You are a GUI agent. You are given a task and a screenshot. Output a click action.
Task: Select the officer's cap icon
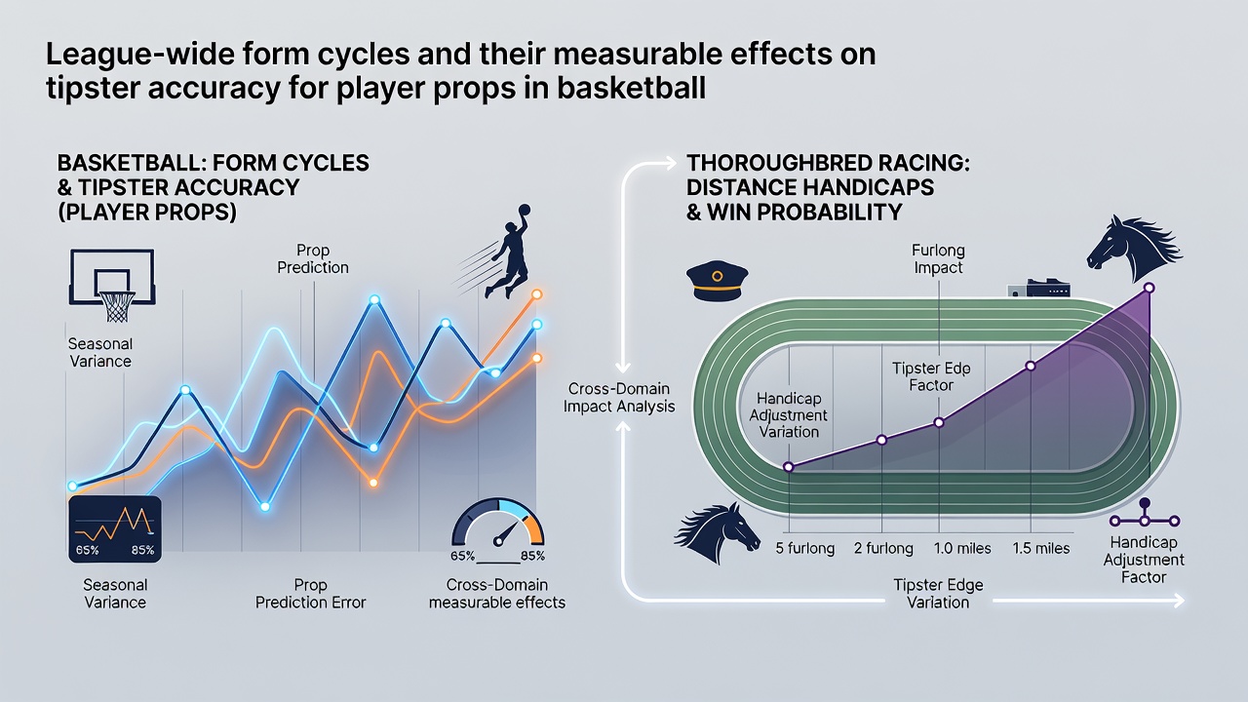[x=717, y=282]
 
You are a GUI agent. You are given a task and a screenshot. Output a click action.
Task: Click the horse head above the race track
[x=1133, y=249]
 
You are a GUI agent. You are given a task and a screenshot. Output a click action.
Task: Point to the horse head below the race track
[x=717, y=533]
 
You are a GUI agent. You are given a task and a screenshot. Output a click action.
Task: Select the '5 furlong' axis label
[x=805, y=549]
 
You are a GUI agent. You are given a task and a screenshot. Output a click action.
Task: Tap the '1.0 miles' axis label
[x=962, y=549]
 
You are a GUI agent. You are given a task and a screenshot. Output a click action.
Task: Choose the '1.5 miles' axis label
[x=1040, y=549]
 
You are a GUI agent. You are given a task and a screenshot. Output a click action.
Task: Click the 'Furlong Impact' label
[x=938, y=258]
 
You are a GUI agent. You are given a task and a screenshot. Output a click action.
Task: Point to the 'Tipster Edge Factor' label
[x=931, y=376]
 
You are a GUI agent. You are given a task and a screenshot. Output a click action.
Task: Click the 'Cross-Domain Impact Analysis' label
[x=619, y=397]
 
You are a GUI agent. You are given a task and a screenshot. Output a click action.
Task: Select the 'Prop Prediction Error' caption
[x=310, y=594]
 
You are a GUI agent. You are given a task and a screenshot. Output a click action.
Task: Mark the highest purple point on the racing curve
[x=1149, y=288]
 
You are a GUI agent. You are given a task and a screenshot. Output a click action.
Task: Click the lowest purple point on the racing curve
[x=789, y=467]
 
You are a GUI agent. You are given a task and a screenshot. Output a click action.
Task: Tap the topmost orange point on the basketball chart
[x=537, y=294]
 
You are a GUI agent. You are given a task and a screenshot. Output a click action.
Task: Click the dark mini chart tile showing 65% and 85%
[x=115, y=529]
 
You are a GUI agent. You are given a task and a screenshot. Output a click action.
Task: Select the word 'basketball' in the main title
[x=631, y=88]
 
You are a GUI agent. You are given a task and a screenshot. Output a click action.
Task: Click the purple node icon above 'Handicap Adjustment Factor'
[x=1145, y=514]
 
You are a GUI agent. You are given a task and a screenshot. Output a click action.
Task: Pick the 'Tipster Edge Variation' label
[x=938, y=594]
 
